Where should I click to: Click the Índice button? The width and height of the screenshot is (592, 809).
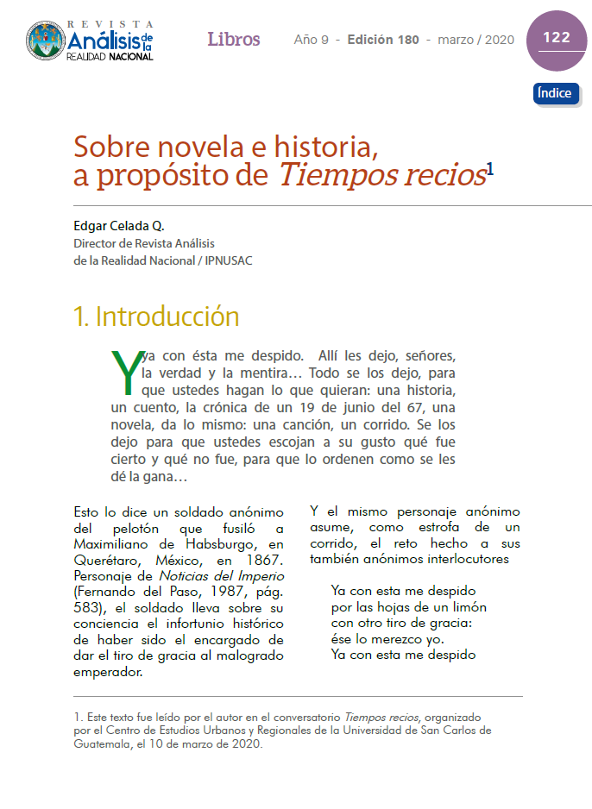pos(555,93)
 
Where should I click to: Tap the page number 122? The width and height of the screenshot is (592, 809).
pos(556,38)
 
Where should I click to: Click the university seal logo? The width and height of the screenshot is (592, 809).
pos(46,41)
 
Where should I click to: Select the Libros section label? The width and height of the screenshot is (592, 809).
pos(233,40)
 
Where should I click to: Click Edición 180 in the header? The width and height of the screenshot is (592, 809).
pos(383,40)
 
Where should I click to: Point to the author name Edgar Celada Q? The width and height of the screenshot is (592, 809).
pos(119,226)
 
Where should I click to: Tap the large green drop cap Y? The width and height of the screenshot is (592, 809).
pos(125,370)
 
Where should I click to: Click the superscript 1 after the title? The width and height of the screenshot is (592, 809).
pos(490,169)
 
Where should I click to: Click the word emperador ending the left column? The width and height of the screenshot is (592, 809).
pos(109,673)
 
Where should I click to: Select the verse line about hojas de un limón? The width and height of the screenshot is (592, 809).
pos(408,607)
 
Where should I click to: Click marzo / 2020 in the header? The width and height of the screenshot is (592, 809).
pos(475,40)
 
